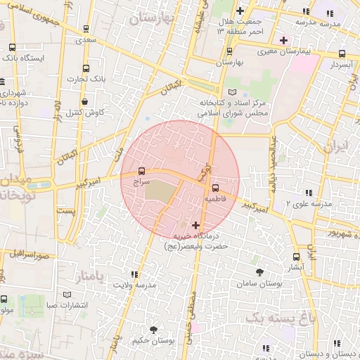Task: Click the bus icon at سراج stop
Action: [142, 171]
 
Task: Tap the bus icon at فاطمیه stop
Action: [215, 188]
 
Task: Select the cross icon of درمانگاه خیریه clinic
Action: [195, 225]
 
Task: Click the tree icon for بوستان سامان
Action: [259, 271]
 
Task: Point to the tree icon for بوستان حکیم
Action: [153, 329]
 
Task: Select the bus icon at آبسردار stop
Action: [342, 53]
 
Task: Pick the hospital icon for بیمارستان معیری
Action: [283, 40]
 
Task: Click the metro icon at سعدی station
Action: [86, 30]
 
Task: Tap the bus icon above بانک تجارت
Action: [86, 68]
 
